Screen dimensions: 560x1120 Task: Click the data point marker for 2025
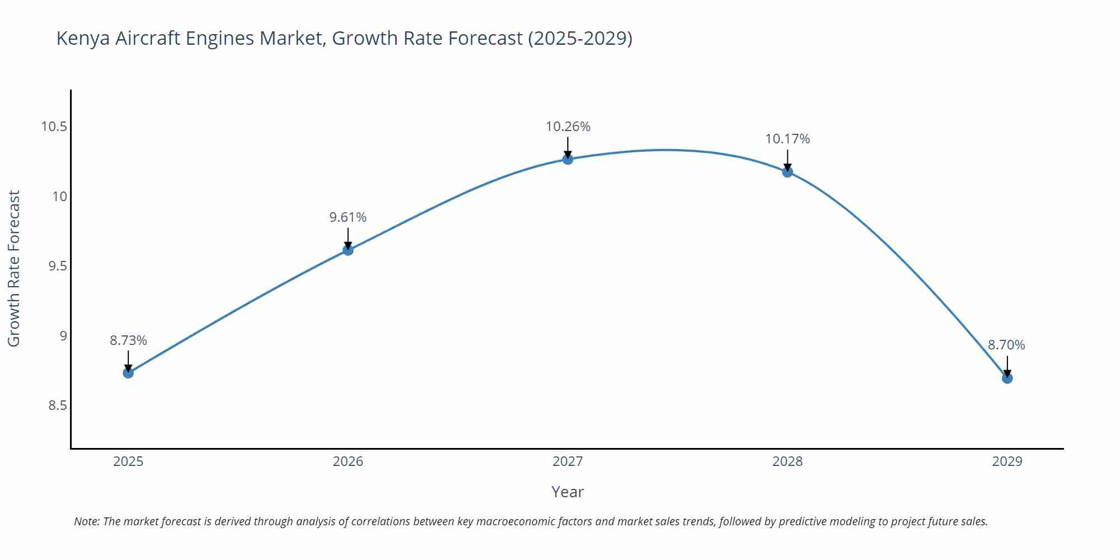(x=128, y=372)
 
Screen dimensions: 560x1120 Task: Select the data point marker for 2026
(x=348, y=250)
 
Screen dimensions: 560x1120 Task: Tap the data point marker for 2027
(x=568, y=159)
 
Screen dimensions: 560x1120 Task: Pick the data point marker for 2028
(x=787, y=172)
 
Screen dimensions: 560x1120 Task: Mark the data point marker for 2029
(x=1007, y=378)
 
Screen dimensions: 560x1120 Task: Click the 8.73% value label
(x=128, y=340)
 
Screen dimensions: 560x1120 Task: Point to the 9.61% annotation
(x=348, y=217)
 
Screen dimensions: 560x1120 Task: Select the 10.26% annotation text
(x=568, y=127)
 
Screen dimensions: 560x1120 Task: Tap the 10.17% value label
(x=787, y=139)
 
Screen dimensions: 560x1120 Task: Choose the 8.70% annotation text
(x=1006, y=345)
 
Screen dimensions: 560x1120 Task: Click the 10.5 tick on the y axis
(x=54, y=127)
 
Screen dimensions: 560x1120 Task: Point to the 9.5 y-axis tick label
(x=57, y=266)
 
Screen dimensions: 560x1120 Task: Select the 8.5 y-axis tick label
(x=57, y=405)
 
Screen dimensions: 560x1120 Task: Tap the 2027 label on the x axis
(x=568, y=461)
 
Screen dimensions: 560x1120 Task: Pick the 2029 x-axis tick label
(x=1007, y=461)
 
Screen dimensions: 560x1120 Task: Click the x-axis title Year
(x=567, y=492)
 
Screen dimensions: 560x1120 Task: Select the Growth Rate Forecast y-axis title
(x=14, y=268)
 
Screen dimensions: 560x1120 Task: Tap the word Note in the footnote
(x=86, y=521)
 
